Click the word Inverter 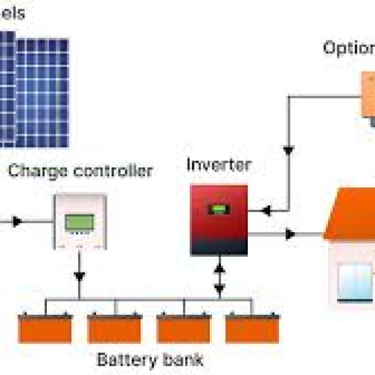point(219,165)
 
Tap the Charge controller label point(80,171)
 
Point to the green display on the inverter point(220,209)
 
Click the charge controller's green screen point(80,222)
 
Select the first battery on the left point(45,329)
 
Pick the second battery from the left point(114,329)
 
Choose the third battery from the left point(183,329)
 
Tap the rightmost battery point(253,329)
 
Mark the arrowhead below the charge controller point(80,275)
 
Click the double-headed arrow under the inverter point(219,278)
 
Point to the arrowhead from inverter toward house point(289,234)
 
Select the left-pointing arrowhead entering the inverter point(265,210)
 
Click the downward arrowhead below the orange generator point(288,150)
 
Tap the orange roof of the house point(352,214)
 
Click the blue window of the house point(354,281)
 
